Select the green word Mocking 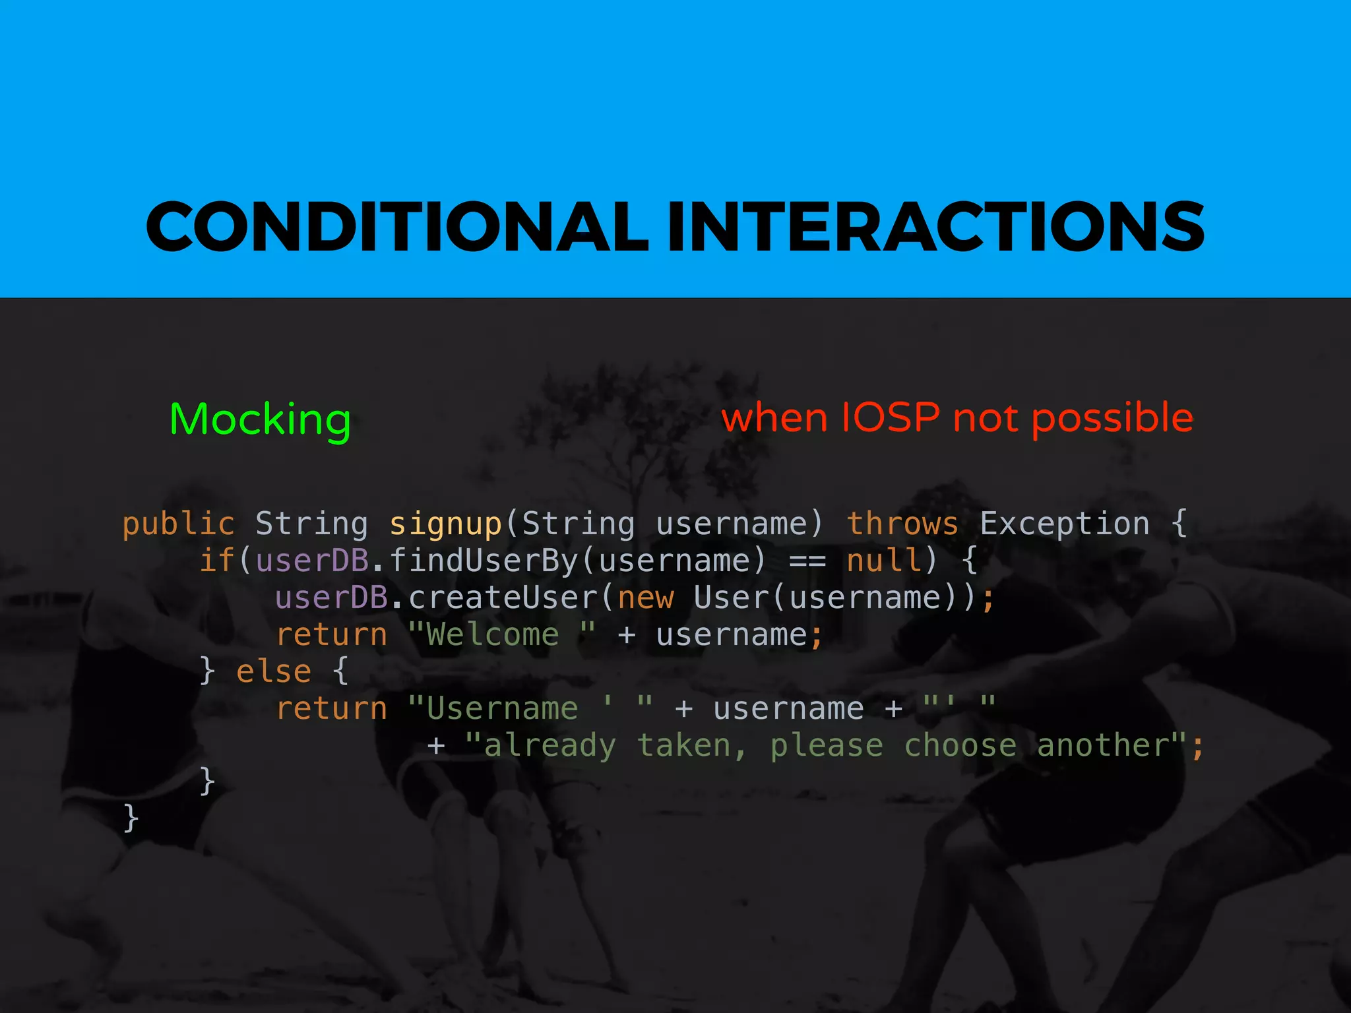coord(260,419)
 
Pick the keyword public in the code coord(178,524)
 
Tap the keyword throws coord(902,524)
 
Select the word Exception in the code coord(1065,524)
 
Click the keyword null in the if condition coord(883,561)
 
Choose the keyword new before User coord(646,598)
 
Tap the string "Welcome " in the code coord(501,635)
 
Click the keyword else coord(273,672)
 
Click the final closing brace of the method coord(131,818)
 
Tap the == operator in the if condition coord(807,561)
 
